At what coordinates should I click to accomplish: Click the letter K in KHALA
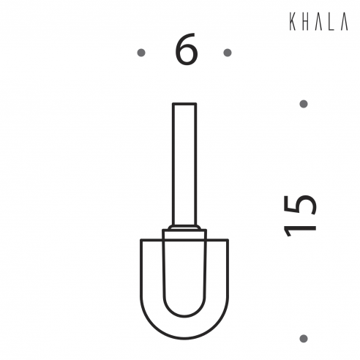pos(293,22)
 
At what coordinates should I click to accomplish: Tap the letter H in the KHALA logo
pos(304,22)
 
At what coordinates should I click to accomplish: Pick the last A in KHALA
pos(344,22)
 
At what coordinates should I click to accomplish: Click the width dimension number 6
pos(186,49)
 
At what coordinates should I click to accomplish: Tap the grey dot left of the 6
pos(141,53)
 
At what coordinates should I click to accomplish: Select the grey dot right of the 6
pos(228,53)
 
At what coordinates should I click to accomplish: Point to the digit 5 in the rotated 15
pos(300,204)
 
